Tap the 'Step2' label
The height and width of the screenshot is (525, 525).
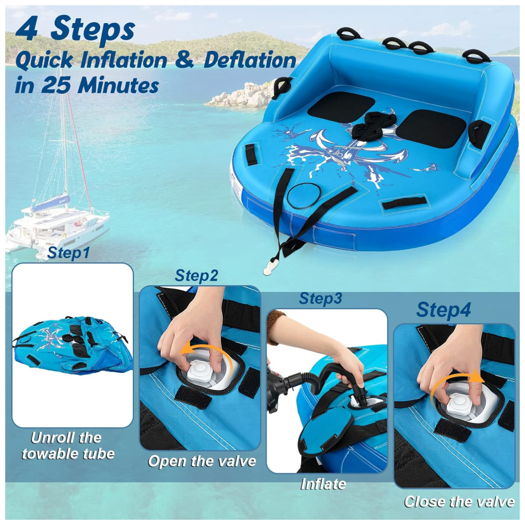tap(196, 275)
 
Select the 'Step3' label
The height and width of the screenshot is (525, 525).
tap(320, 298)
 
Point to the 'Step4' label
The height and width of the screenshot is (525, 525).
tap(444, 310)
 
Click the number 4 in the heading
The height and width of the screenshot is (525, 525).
tap(26, 29)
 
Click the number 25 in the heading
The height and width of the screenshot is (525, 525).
tap(56, 86)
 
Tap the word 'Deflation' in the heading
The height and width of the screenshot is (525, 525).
tap(250, 60)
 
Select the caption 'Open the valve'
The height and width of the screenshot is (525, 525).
tap(202, 461)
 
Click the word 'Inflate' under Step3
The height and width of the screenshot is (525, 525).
tap(323, 484)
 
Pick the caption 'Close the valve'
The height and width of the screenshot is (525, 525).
tap(459, 501)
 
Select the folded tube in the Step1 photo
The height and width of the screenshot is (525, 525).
tap(72, 345)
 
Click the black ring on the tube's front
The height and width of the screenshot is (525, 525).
tap(303, 197)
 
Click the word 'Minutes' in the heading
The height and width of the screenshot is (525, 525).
tap(118, 86)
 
